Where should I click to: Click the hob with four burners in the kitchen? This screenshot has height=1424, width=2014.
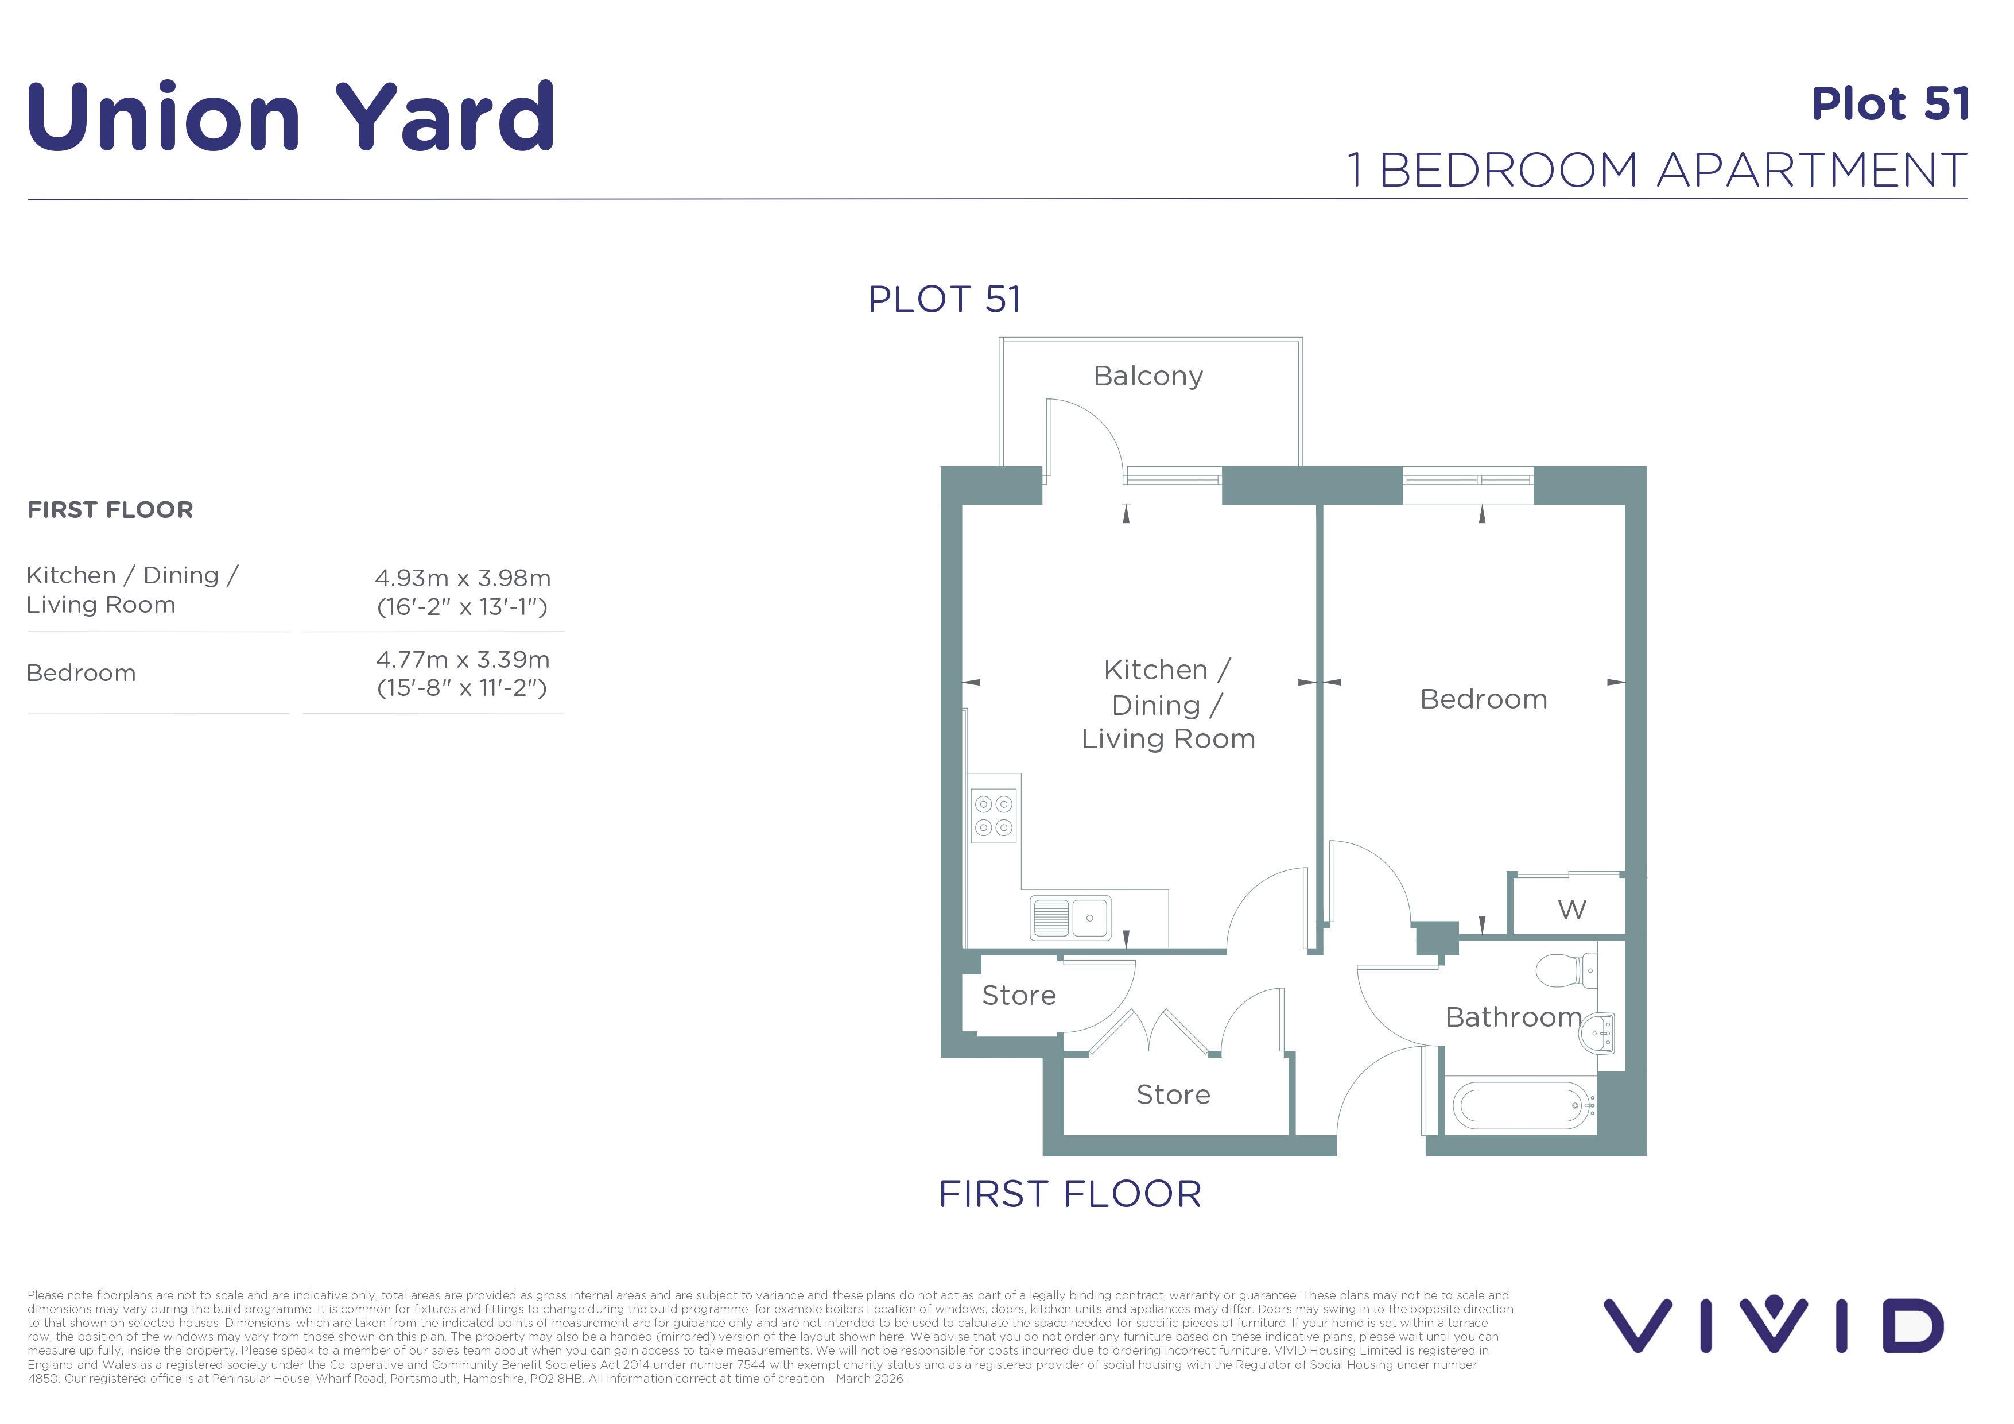[x=994, y=816]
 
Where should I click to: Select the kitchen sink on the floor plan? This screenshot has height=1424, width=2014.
[x=1070, y=918]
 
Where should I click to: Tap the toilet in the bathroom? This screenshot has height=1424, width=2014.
[x=1567, y=970]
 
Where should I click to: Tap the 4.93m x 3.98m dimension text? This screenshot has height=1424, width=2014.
[x=462, y=578]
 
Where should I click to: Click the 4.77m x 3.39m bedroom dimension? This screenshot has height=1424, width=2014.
[x=462, y=660]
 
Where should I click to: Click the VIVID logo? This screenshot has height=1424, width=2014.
[x=1774, y=1325]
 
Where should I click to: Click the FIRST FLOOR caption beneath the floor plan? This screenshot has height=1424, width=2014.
[x=1070, y=1194]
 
